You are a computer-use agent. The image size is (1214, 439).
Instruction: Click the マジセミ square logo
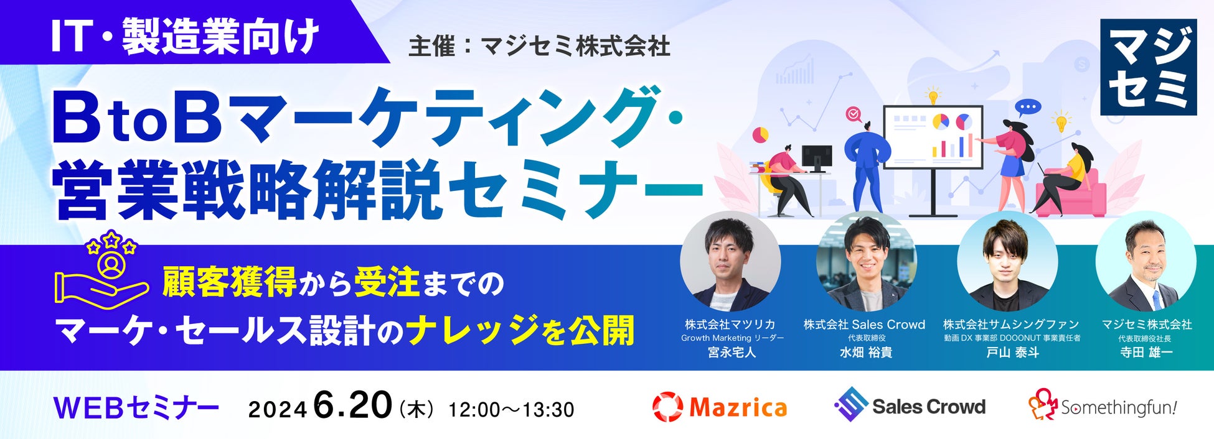point(1148,67)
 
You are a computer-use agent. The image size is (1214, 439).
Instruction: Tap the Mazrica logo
point(719,407)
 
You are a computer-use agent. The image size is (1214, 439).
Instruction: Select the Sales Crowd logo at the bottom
point(910,405)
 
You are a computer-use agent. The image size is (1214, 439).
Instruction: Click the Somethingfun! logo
point(1103,405)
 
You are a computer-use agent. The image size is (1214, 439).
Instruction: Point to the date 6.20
point(353,405)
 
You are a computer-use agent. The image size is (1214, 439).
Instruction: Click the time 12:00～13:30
point(511,410)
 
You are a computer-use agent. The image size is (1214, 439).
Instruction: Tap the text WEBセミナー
point(136,409)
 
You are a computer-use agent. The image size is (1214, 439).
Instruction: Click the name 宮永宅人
point(732,353)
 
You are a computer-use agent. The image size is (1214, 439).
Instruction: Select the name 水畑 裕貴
point(865,353)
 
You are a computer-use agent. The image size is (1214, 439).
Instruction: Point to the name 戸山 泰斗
point(1012,353)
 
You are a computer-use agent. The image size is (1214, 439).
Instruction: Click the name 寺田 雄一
point(1146,353)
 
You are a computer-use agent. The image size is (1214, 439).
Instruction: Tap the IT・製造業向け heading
point(185,37)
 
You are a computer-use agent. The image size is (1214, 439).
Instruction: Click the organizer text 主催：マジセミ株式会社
point(539,47)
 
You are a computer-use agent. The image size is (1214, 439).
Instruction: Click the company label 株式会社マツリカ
point(730,324)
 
